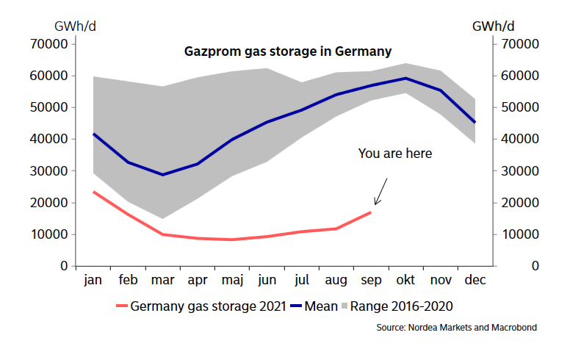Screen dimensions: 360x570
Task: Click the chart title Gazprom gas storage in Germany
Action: point(286,52)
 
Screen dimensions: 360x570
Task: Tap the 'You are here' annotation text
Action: point(395,154)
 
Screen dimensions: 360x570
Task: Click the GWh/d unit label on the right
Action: point(493,26)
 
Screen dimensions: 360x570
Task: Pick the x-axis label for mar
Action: point(162,281)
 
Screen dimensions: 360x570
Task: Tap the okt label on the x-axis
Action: point(405,281)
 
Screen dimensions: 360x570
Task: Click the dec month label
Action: point(475,281)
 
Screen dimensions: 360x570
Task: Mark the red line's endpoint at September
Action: point(371,212)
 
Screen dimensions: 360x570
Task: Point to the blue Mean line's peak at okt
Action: point(405,78)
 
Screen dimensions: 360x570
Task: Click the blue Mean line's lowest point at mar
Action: point(162,175)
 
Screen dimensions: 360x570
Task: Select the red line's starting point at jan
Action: point(93,192)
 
